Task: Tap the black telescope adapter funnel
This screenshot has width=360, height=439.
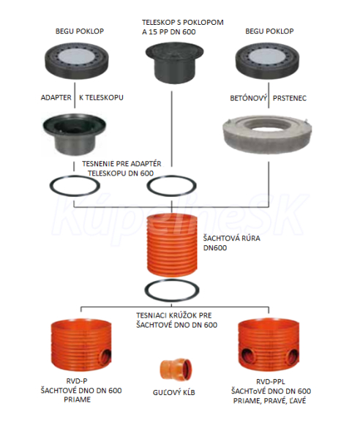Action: click(74, 133)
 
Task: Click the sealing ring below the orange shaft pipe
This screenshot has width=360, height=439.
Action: click(172, 299)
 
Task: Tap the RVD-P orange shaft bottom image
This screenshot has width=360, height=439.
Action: click(81, 346)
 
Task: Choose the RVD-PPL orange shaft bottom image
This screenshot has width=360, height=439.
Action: click(269, 346)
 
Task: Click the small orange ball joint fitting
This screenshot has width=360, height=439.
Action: click(176, 369)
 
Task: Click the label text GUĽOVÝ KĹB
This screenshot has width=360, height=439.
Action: click(174, 392)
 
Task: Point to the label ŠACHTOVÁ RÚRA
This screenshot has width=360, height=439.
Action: click(232, 239)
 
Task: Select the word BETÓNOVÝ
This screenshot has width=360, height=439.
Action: click(247, 98)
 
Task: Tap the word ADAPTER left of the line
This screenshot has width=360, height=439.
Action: click(56, 98)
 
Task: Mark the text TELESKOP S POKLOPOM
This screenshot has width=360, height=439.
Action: click(183, 23)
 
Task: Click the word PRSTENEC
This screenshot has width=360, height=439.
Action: click(290, 98)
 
